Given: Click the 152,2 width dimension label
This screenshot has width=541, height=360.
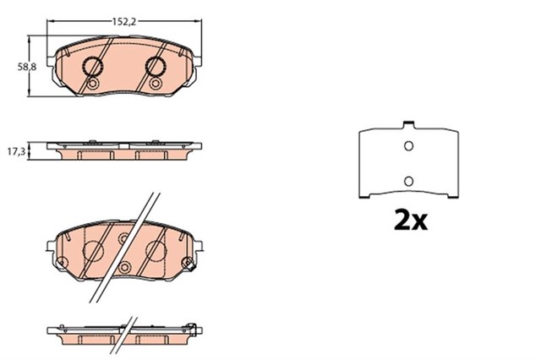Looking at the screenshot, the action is (124, 22).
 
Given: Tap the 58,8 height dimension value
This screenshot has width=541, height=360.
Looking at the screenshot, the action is (27, 67).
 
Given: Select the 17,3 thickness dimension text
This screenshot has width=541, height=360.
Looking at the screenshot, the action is (17, 151).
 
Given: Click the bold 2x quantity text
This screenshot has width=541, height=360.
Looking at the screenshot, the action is (411, 221).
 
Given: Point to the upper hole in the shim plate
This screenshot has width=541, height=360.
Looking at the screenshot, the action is (408, 146).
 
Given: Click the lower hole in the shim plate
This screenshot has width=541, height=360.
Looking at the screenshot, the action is (408, 181).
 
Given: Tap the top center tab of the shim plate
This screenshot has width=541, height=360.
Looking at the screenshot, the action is (408, 124).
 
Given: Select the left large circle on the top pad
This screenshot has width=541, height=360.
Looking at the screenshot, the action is (92, 66).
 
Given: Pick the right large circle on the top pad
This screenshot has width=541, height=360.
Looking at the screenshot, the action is (156, 66).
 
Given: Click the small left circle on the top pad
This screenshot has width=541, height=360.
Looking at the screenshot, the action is (92, 84).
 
